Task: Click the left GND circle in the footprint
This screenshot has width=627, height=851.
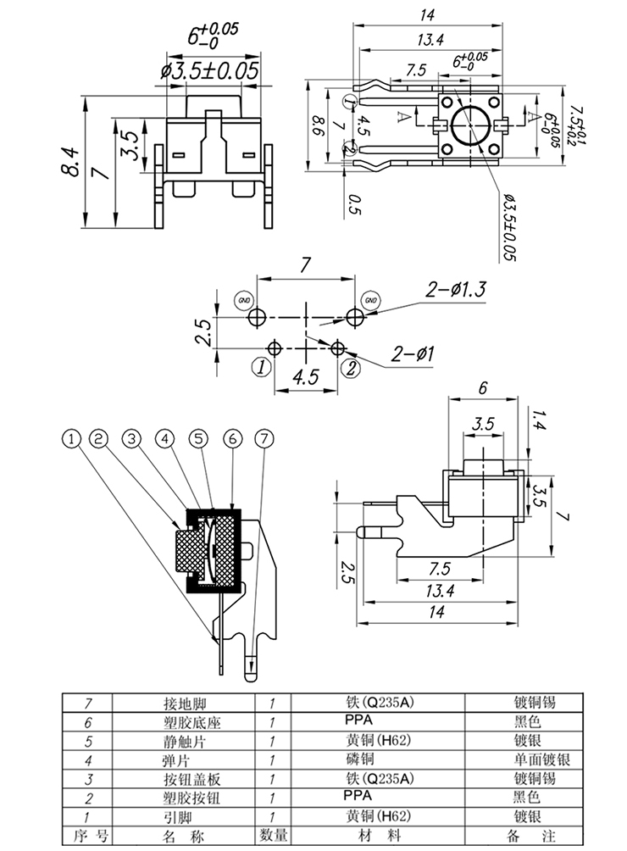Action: [244, 299]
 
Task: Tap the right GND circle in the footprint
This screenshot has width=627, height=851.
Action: [370, 299]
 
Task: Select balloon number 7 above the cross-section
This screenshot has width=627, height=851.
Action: [264, 438]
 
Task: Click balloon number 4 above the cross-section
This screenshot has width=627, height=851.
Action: [165, 438]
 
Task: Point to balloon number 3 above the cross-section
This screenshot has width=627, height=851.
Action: [131, 438]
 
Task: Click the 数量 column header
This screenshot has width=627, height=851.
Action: [273, 835]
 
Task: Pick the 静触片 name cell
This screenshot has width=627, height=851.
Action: [185, 742]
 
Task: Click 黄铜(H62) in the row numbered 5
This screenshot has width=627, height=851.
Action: [378, 741]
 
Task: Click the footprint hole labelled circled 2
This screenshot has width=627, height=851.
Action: [338, 348]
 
